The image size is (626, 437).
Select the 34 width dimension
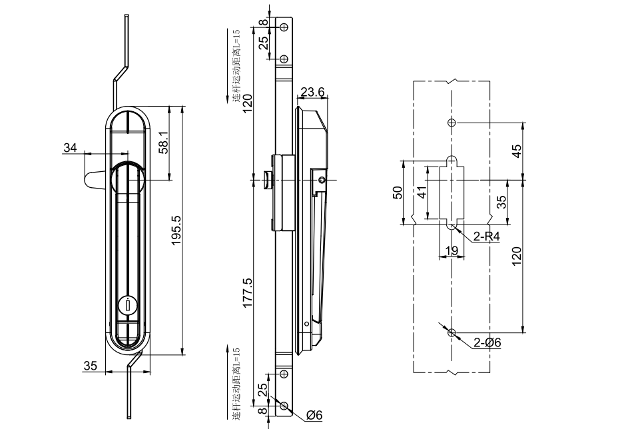coord(70,147)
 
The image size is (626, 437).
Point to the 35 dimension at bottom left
coord(91,365)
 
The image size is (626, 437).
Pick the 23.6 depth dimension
coord(312,91)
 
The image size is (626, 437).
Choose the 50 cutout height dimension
coord(398,193)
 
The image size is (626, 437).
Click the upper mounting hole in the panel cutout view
coord(451,123)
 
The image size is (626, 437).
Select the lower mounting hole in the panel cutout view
coord(452,332)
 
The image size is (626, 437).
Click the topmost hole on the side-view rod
coord(284,28)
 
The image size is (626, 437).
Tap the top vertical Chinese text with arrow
coord(236,67)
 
